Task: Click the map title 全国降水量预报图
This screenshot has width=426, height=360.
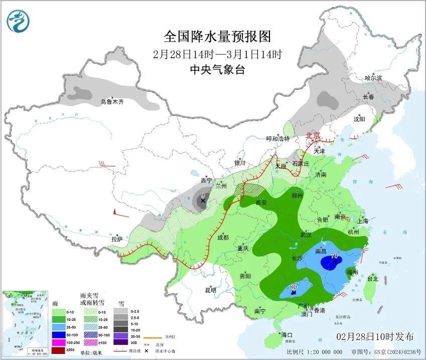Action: (217, 37)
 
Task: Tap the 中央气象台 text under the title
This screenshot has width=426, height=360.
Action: (217, 70)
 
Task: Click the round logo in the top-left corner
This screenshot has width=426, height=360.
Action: (19, 21)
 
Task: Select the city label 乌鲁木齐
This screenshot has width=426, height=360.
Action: (111, 102)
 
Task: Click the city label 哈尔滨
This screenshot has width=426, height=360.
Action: (373, 78)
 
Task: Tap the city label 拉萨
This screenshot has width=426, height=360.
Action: (117, 239)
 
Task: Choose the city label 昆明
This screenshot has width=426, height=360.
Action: (210, 290)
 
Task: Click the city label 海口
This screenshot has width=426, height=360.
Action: (287, 334)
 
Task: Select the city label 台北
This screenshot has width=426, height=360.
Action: (373, 278)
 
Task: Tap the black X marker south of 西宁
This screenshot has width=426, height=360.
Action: (203, 201)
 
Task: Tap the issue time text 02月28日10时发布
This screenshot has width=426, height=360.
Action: (375, 336)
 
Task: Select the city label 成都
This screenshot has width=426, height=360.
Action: (222, 237)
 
